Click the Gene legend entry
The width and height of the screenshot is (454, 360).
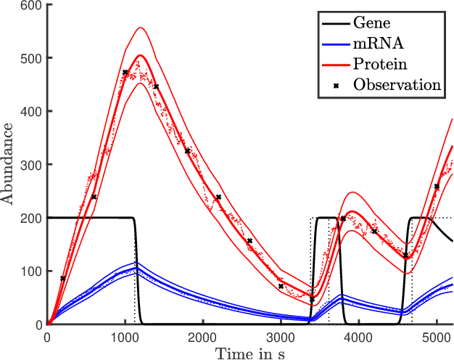(x=370, y=22)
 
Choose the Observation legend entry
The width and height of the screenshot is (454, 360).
(x=397, y=85)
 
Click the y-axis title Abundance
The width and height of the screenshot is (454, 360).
(x=9, y=164)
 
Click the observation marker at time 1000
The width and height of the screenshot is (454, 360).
(x=125, y=73)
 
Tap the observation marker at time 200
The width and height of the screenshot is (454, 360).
(x=63, y=279)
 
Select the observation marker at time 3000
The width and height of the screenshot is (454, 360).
(x=281, y=287)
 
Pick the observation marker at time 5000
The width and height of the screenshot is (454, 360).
(x=437, y=187)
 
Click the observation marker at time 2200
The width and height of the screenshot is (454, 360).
(x=218, y=197)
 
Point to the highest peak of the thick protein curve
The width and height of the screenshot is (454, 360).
(x=140, y=55)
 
